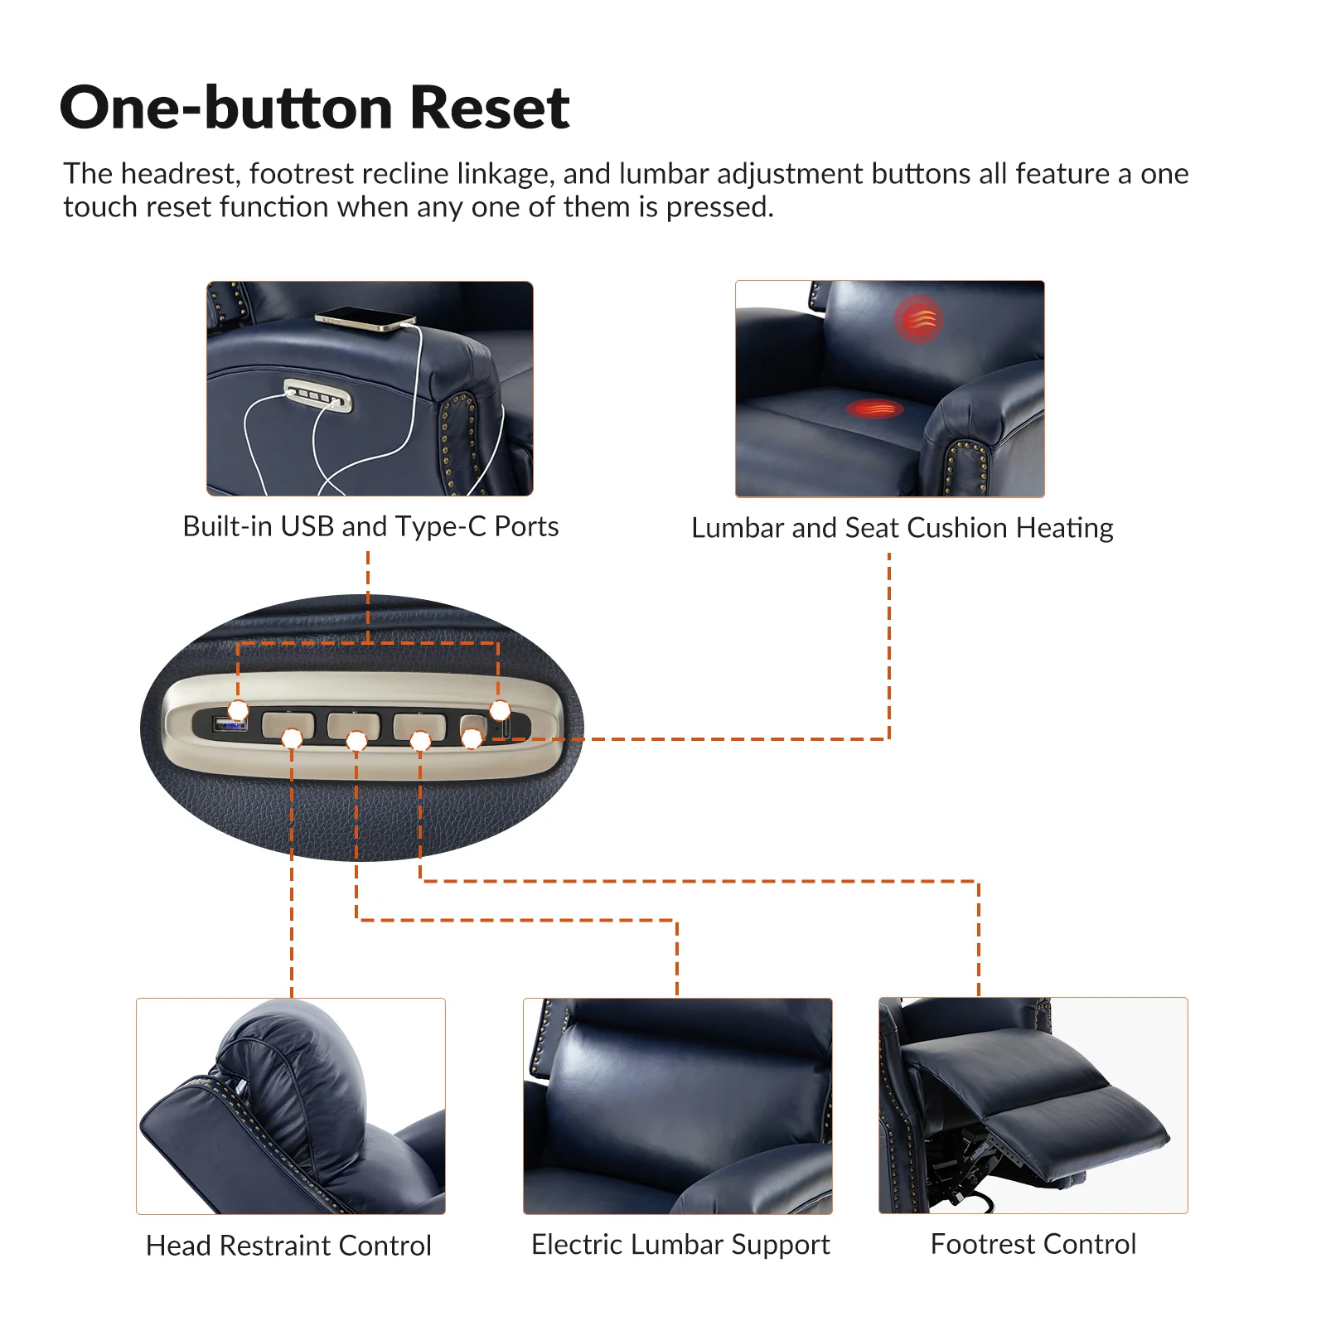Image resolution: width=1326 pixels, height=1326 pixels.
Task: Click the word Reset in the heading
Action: tap(489, 108)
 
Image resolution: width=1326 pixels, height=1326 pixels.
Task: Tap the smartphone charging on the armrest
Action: tap(365, 319)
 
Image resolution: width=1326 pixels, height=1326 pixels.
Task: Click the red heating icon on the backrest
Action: tap(917, 319)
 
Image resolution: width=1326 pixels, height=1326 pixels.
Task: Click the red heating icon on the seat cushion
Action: tap(874, 408)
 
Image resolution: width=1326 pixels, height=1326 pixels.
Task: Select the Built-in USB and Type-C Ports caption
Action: tap(370, 526)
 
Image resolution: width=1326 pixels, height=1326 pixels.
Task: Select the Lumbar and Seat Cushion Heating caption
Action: tap(902, 528)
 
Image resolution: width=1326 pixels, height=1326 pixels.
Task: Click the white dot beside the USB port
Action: tap(238, 710)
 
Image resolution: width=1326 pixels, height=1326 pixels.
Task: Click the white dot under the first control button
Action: tap(292, 738)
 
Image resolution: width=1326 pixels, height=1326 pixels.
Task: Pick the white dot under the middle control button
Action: tap(356, 740)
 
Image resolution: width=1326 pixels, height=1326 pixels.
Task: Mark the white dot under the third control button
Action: tap(420, 740)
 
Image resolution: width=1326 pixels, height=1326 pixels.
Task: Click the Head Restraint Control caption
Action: tap(288, 1246)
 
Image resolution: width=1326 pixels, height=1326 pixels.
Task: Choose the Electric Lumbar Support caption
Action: tap(680, 1244)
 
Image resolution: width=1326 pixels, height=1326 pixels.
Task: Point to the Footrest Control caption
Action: tap(1033, 1244)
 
